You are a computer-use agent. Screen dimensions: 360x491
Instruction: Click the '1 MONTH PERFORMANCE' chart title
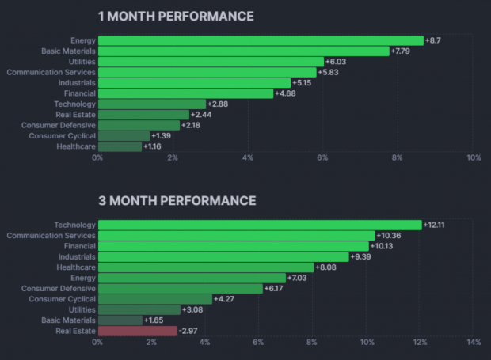176,16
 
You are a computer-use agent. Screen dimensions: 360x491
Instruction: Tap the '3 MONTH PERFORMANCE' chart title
177,201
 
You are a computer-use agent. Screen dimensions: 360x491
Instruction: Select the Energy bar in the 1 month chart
261,40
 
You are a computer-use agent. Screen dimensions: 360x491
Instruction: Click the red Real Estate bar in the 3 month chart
137,331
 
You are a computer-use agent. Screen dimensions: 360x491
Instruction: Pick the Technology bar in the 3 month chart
259,225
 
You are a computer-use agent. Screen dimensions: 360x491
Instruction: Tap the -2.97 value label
189,331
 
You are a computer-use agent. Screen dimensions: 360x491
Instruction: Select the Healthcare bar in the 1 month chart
120,146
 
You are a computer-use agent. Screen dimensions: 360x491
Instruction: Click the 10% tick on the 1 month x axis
473,158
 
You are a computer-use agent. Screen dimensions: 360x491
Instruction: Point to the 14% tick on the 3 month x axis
474,343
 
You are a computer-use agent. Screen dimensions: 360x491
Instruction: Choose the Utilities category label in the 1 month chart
80,62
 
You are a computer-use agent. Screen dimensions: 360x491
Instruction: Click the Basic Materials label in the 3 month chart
68,320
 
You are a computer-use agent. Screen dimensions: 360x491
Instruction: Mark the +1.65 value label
154,320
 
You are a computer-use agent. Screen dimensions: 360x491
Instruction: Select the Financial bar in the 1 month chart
185,93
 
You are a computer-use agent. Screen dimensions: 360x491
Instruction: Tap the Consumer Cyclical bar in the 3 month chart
154,299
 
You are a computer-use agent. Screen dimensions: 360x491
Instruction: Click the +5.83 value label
330,72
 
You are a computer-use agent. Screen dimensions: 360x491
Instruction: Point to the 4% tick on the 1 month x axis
248,158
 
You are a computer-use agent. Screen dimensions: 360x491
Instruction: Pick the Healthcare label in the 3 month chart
76,267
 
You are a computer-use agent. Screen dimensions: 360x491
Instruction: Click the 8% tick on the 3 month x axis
312,343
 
